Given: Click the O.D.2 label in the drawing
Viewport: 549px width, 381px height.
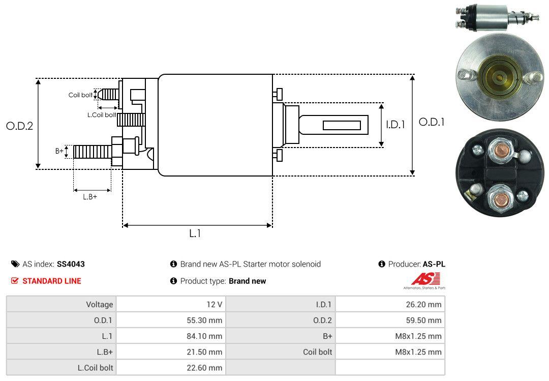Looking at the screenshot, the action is [x=20, y=126].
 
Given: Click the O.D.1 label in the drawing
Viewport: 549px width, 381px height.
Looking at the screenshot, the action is [x=432, y=122].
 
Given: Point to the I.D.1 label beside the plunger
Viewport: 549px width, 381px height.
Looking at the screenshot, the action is [x=395, y=125].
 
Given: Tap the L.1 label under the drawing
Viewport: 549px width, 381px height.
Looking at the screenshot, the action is [x=195, y=233].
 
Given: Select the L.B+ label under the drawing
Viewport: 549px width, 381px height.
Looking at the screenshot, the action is [x=90, y=197].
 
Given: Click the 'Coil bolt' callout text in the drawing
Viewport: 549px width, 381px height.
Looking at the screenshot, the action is [x=80, y=95].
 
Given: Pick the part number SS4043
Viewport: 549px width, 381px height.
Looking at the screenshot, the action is [x=71, y=264].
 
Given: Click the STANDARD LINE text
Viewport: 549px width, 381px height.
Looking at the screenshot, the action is [x=52, y=281].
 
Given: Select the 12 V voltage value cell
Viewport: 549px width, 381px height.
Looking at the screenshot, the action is [x=215, y=304].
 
